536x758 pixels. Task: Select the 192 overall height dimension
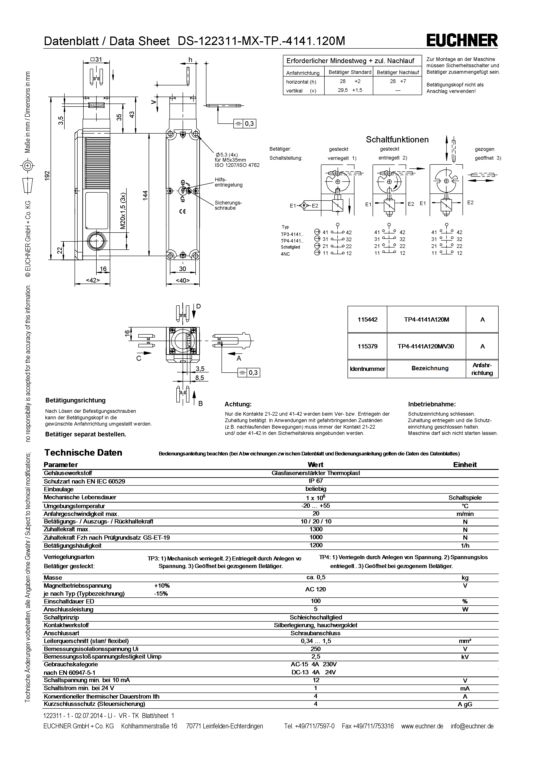click(x=47, y=175)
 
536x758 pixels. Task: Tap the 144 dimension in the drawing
click(x=145, y=195)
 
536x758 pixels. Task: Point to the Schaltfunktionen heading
click(x=397, y=139)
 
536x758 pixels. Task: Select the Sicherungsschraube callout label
click(x=228, y=205)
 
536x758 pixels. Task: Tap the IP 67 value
click(x=316, y=481)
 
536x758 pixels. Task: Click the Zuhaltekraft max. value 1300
click(x=316, y=529)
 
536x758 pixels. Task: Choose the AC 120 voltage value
click(x=316, y=589)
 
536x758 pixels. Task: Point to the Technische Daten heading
click(x=83, y=452)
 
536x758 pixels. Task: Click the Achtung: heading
click(x=238, y=404)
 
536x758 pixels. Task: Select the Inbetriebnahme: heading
click(x=432, y=404)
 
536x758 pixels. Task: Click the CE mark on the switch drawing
click(x=182, y=211)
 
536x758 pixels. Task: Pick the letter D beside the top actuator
click(x=198, y=306)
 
